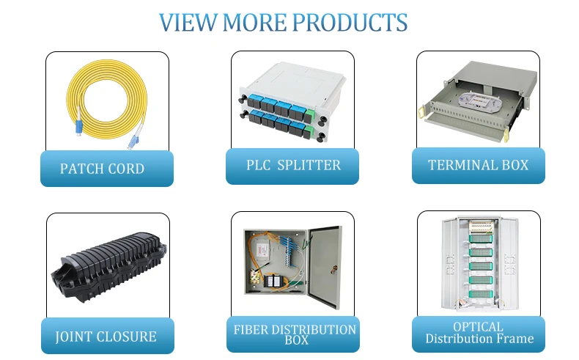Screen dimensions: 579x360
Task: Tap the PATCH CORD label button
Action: click(102, 169)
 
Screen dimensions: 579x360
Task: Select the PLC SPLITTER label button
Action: click(292, 166)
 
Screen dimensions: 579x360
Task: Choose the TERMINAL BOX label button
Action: click(478, 165)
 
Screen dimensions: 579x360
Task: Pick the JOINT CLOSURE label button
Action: click(106, 337)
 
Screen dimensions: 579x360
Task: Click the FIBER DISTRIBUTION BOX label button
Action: click(295, 334)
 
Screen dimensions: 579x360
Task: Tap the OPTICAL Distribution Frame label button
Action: click(479, 333)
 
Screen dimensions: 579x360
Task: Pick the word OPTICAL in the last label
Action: click(478, 327)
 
